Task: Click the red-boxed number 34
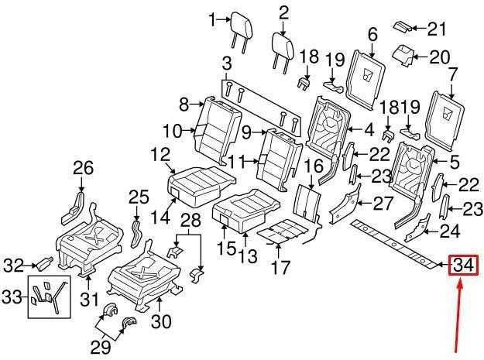(463, 266)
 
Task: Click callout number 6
(372, 34)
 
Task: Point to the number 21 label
(437, 29)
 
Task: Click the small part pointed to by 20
(403, 55)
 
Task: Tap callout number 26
(83, 169)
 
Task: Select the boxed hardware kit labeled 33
(50, 297)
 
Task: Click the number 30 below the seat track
(161, 321)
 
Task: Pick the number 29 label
(101, 348)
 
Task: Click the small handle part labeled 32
(45, 262)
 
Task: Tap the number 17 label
(280, 267)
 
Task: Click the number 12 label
(160, 155)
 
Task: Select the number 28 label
(191, 220)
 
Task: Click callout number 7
(451, 74)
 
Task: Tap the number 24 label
(450, 231)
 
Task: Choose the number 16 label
(314, 166)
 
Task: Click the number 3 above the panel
(227, 64)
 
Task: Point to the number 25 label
(139, 197)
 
